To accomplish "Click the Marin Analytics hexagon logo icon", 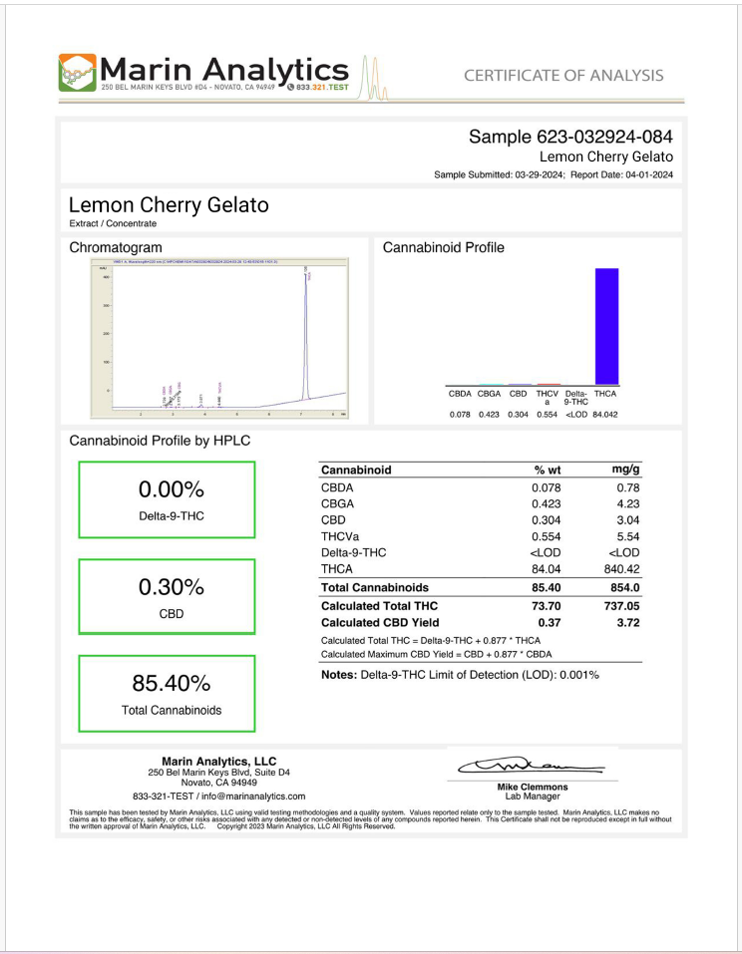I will coord(78,73).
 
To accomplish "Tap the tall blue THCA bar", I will coord(606,326).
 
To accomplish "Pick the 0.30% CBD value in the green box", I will coord(171,586).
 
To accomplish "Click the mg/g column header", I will coord(625,470).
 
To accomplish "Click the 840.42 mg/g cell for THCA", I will coord(620,568).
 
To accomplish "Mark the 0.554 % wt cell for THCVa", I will coord(545,536).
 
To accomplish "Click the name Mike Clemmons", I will coord(533,788).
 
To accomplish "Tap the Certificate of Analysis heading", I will coord(563,76).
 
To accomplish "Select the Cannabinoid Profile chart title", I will coord(443,247).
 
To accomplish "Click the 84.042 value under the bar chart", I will coord(605,414).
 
